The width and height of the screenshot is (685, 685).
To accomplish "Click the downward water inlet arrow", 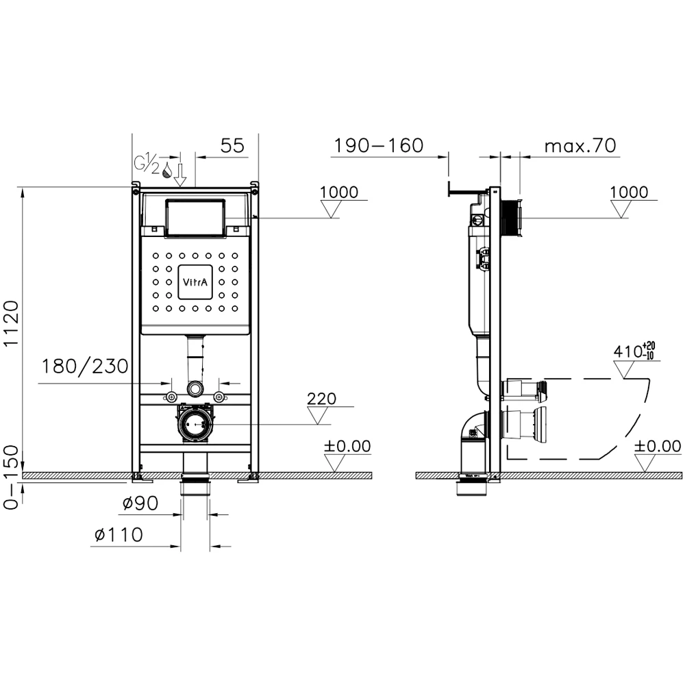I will (180, 175).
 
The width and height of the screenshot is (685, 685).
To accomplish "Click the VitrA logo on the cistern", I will (195, 282).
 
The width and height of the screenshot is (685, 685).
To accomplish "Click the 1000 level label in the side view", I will (629, 192).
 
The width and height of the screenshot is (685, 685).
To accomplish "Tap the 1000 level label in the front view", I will (338, 192).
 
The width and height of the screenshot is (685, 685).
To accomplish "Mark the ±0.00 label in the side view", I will (658, 447).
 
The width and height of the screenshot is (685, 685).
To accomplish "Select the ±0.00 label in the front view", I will (347, 447).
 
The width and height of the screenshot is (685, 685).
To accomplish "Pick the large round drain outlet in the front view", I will (196, 425).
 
